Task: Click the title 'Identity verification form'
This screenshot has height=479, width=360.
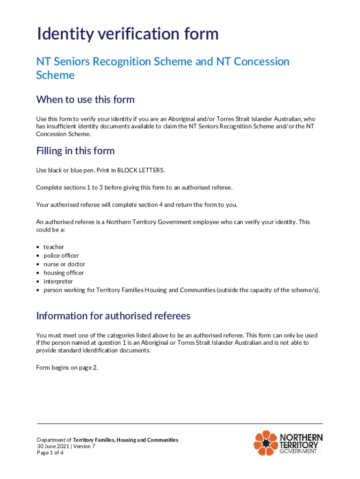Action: coord(128,34)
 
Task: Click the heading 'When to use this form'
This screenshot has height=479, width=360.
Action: coord(85,100)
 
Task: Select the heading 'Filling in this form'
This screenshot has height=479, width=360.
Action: coord(75,151)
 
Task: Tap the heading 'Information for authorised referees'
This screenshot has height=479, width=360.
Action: coord(113,316)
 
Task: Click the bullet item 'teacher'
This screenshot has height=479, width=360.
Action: coord(54,247)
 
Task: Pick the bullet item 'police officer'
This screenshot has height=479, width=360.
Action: coord(61,256)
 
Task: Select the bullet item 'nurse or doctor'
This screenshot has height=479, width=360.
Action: coord(64,264)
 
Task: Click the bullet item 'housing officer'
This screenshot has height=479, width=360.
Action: coord(64,273)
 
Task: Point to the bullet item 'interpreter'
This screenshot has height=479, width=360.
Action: coord(58,282)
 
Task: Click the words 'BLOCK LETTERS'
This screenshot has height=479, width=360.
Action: coord(141,170)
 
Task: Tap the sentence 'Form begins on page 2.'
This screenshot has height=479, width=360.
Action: coord(67,368)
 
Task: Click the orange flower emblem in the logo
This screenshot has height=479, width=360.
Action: coord(266,443)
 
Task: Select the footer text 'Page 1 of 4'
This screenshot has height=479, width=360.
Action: coord(50,453)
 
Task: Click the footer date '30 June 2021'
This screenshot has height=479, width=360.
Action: coord(53,446)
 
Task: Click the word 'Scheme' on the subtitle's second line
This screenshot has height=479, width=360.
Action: coord(55,75)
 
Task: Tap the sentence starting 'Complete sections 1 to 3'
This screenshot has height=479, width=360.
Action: coord(134,188)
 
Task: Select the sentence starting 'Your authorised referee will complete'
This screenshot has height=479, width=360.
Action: coord(137,204)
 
